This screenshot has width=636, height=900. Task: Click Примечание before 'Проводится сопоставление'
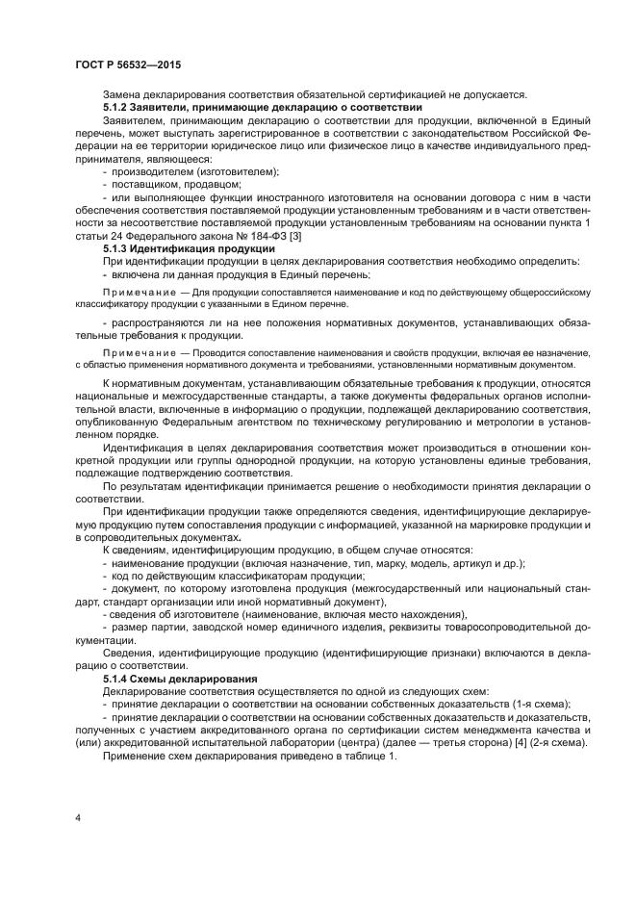point(140,353)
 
